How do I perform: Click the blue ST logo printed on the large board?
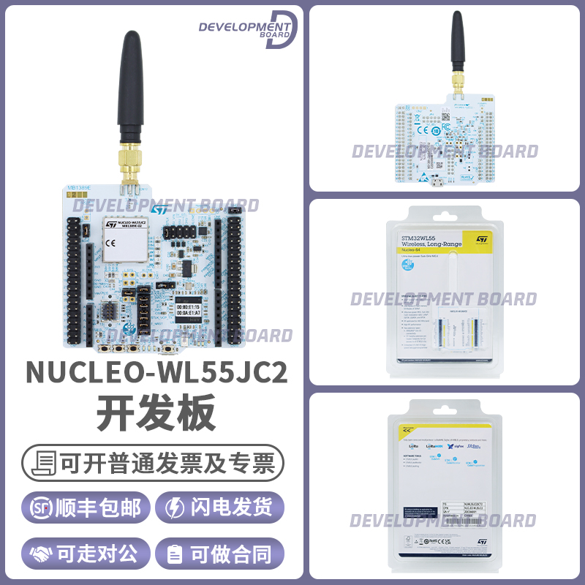pos(159,210)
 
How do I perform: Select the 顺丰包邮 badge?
pos(86,508)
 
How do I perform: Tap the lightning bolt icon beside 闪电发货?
pos(176,508)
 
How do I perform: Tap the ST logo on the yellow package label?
pos(481,239)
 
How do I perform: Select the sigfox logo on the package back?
pos(467,445)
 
